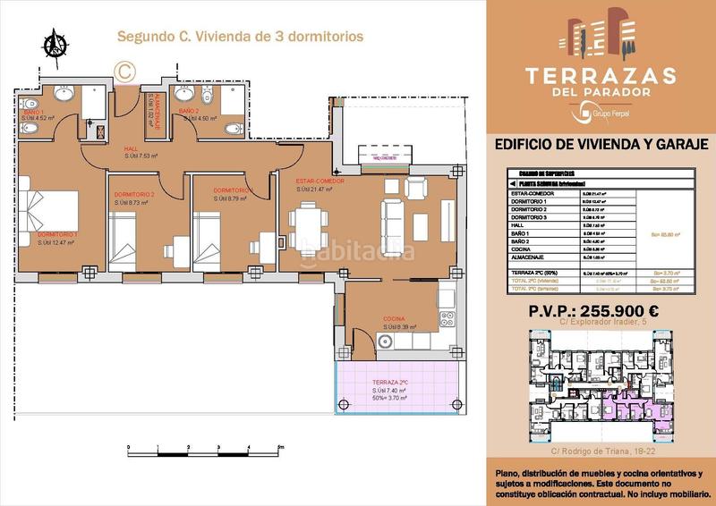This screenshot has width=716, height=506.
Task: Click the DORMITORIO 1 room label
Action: point(58,236)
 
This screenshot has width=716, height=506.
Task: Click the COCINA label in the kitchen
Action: point(394,319)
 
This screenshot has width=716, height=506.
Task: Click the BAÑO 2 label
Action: point(189,111)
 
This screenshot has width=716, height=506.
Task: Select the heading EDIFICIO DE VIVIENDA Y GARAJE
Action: point(601,144)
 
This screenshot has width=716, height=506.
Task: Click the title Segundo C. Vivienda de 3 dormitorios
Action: point(240,38)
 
